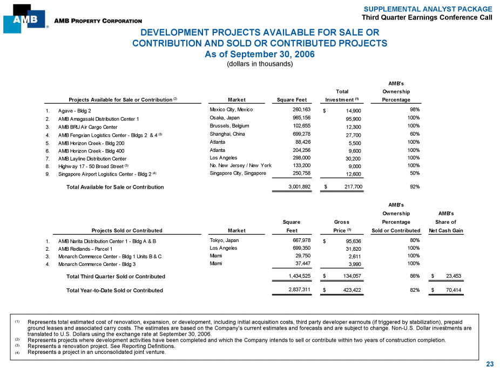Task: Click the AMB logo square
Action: coord(24,19)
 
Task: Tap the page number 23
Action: coord(490,364)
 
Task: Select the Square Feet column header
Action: coord(292,99)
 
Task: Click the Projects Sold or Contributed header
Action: coord(127,231)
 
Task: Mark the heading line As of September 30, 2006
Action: coord(260,54)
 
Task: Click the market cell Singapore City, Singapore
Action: coord(238,173)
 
